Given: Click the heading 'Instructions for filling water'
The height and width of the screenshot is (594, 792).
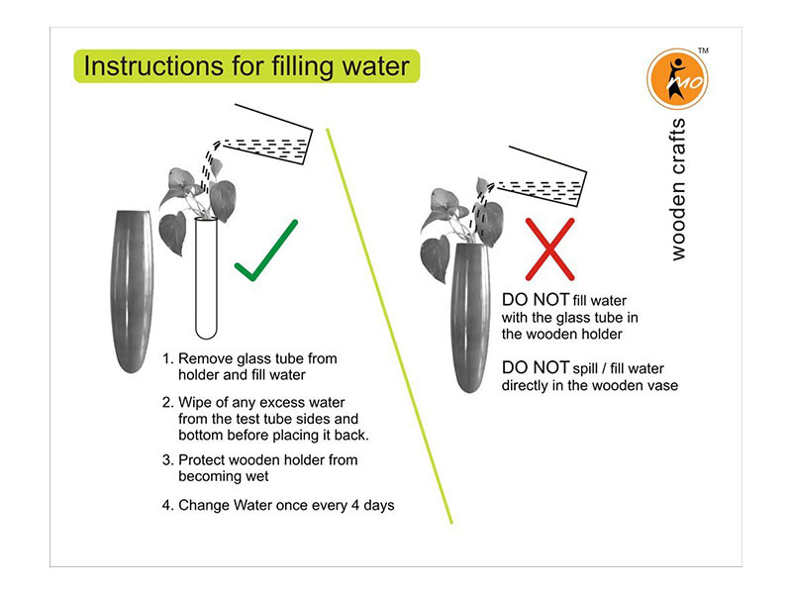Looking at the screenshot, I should [x=247, y=67].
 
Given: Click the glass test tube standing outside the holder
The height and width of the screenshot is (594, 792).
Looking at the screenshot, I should [x=207, y=277].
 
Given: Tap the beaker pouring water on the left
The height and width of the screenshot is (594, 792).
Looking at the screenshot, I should [x=262, y=142].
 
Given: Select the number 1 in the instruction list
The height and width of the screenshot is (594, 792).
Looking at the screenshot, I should [x=166, y=358].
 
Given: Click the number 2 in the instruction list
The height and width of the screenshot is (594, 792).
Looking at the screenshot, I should [x=166, y=402].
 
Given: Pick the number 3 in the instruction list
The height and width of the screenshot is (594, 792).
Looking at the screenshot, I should [x=166, y=460].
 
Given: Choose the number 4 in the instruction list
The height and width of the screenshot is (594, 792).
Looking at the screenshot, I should [x=166, y=505].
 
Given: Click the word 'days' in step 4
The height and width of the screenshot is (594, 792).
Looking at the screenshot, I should [x=376, y=505].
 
